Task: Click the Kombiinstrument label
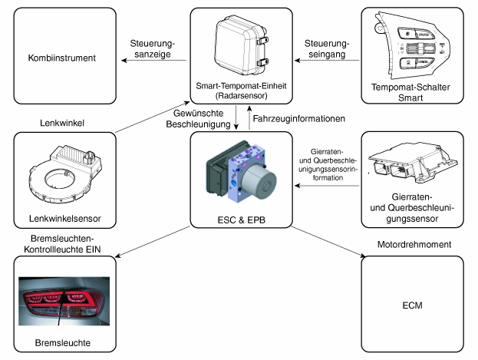(x=62, y=58)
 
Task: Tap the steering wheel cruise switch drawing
(x=412, y=46)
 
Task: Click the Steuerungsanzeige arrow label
(x=153, y=49)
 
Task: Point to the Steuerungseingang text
(x=327, y=49)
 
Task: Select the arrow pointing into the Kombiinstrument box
(x=154, y=60)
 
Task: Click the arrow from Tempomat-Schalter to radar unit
(x=327, y=60)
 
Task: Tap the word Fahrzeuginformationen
(x=298, y=119)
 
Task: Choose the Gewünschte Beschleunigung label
(x=198, y=119)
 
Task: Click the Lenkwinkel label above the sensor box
(x=62, y=123)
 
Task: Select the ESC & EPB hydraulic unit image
(x=242, y=171)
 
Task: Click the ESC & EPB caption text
(x=242, y=220)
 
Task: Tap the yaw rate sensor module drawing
(x=413, y=164)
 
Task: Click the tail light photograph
(x=64, y=301)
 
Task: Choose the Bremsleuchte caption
(x=63, y=343)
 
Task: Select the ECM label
(x=413, y=306)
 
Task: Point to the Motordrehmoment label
(x=414, y=244)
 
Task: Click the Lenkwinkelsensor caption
(x=65, y=219)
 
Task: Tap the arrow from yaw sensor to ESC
(x=327, y=186)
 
